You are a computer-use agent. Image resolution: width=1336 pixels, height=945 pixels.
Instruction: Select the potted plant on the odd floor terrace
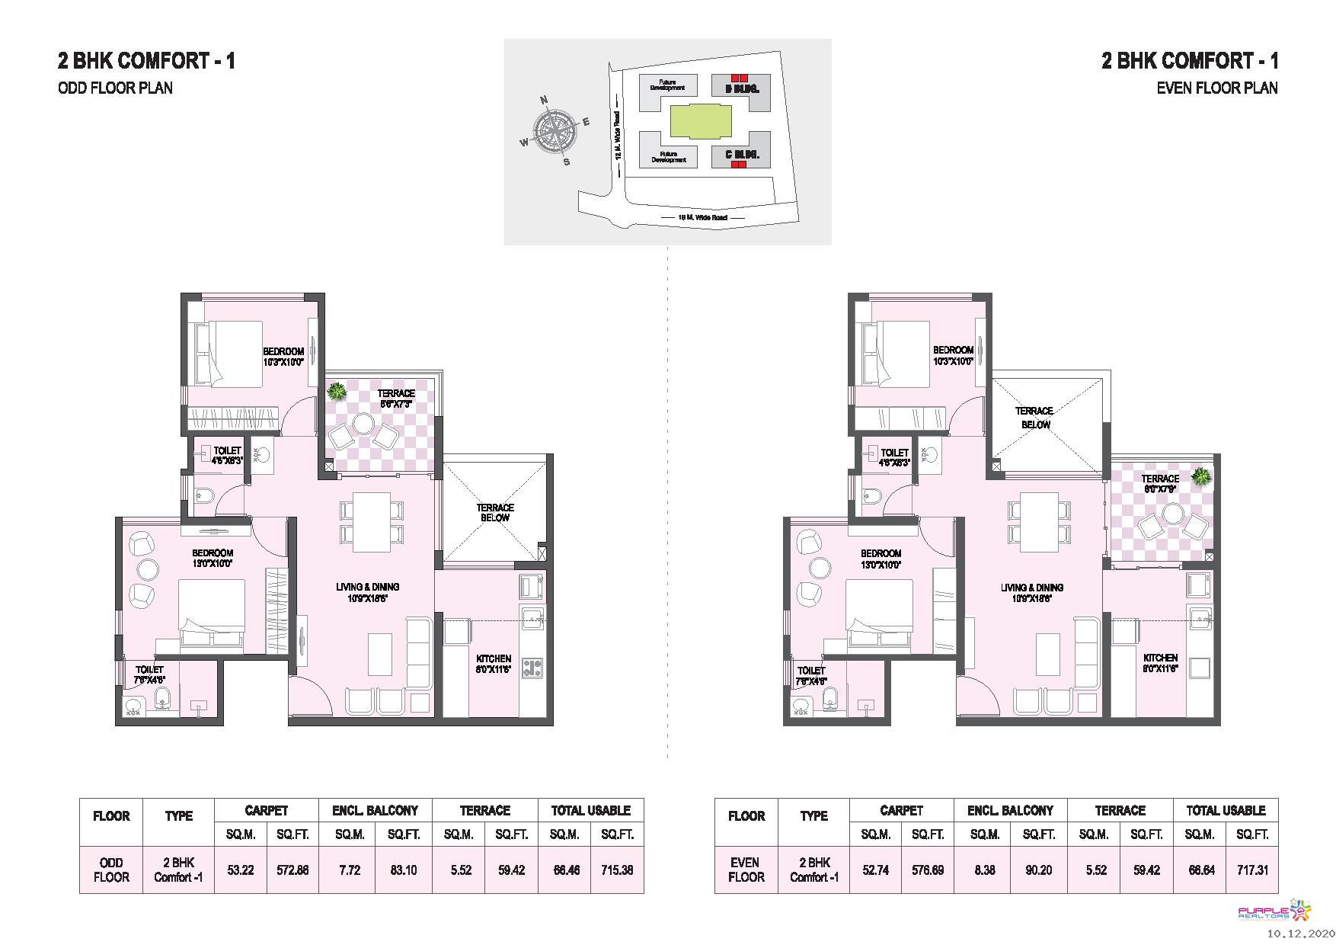(335, 392)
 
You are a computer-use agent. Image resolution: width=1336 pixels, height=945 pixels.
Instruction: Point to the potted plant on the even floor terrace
(1201, 477)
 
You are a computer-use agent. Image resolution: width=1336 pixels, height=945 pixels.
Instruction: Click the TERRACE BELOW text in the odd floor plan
(495, 512)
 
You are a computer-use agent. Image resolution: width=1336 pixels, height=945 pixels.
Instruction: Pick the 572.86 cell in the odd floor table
(292, 870)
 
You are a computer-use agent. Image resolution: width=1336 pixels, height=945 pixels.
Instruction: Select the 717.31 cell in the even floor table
(1252, 870)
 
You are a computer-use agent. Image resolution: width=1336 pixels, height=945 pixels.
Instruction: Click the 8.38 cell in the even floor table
(984, 870)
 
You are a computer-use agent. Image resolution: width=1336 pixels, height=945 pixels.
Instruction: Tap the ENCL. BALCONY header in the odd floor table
(375, 810)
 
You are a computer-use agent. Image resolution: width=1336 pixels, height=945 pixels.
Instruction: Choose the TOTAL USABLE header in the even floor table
(1226, 810)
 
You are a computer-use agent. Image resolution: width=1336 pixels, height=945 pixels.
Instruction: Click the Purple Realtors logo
(1274, 911)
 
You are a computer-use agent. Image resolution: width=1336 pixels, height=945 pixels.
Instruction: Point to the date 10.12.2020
(1300, 934)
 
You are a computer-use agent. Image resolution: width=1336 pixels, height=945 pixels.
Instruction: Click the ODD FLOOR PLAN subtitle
(115, 88)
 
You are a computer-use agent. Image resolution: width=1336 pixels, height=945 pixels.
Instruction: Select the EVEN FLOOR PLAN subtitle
(1216, 88)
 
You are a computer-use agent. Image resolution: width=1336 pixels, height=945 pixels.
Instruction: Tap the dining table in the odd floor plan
(371, 522)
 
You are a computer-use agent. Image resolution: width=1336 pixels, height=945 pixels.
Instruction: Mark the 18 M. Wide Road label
(702, 218)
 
